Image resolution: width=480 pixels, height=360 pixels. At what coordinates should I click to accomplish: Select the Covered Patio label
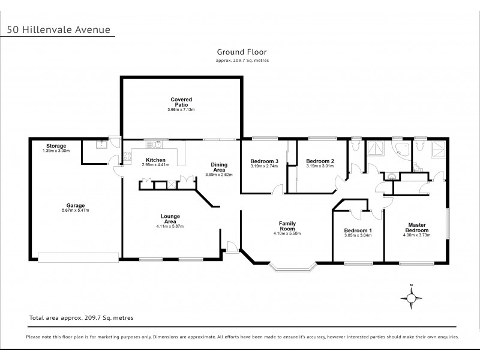(181, 102)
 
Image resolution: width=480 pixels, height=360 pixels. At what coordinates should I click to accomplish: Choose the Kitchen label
(156, 160)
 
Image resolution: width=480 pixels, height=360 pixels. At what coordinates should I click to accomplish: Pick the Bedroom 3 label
(264, 160)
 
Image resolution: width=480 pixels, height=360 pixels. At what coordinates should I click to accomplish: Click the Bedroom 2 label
(319, 160)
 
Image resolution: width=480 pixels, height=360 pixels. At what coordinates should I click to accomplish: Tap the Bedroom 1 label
(358, 231)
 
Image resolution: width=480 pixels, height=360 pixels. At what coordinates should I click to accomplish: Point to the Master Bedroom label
(416, 229)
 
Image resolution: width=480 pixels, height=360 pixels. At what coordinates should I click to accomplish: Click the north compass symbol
(411, 296)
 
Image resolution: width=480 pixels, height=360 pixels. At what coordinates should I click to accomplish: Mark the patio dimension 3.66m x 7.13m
(181, 110)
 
